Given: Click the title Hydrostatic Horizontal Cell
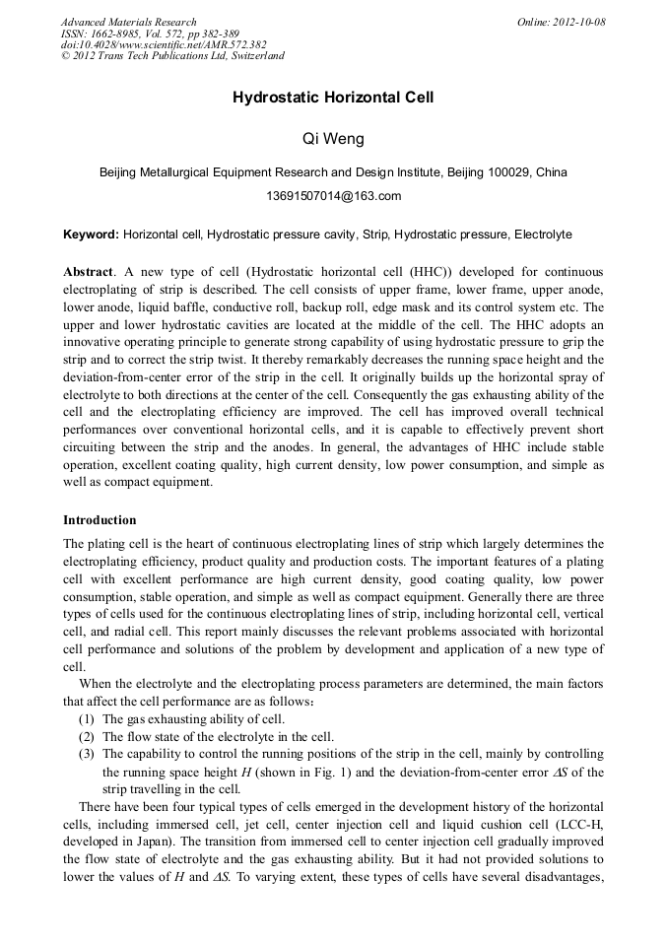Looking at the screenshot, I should pyautogui.click(x=333, y=98).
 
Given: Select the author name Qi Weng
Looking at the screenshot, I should pyautogui.click(x=333, y=139).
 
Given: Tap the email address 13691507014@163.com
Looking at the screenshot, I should pyautogui.click(x=334, y=196).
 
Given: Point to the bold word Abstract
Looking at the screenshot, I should pyautogui.click(x=88, y=271).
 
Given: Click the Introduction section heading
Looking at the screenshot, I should pyautogui.click(x=100, y=520).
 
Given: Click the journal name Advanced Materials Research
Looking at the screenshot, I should pyautogui.click(x=128, y=22).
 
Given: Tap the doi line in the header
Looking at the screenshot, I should pyautogui.click(x=164, y=44).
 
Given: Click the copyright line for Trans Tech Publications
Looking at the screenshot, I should pyautogui.click(x=172, y=56).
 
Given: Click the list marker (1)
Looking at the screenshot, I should pyautogui.click(x=88, y=720).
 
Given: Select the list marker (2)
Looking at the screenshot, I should pyautogui.click(x=88, y=737).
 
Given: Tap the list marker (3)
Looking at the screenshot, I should pyautogui.click(x=88, y=755).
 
